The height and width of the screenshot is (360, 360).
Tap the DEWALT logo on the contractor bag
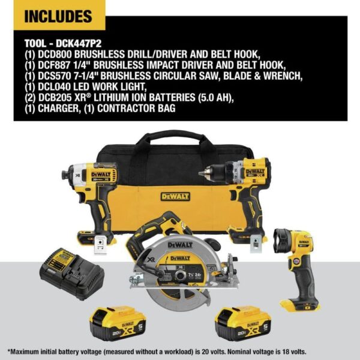point(175,196)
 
